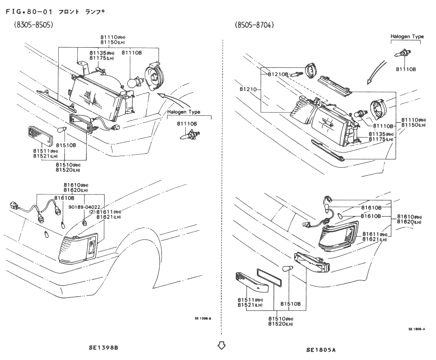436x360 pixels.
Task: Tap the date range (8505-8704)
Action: pyautogui.click(x=254, y=25)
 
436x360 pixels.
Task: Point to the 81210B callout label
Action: pyautogui.click(x=278, y=74)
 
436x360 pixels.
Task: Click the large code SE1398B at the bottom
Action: pyautogui.click(x=103, y=348)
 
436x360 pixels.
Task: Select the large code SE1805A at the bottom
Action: pyautogui.click(x=321, y=350)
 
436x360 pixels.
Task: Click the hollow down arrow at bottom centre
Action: pyautogui.click(x=222, y=345)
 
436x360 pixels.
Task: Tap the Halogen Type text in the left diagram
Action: pyautogui.click(x=184, y=112)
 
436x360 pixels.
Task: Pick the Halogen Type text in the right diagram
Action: pyautogui.click(x=407, y=36)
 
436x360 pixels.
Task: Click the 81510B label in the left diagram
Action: pyautogui.click(x=66, y=145)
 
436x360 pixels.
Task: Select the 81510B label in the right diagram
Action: pyautogui.click(x=290, y=304)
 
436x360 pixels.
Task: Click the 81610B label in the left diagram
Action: pyautogui.click(x=64, y=198)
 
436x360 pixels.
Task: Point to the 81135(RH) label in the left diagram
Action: pyautogui.click(x=102, y=53)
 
